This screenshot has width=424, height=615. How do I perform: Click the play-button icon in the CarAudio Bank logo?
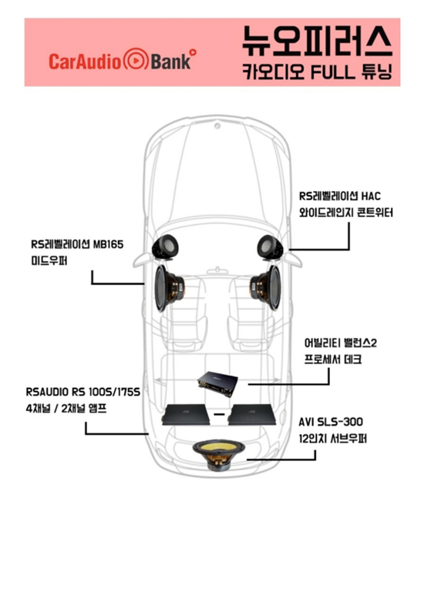(x=136, y=59)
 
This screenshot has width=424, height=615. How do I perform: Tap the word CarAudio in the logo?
(x=86, y=62)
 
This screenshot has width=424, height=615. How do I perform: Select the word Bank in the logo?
(x=171, y=62)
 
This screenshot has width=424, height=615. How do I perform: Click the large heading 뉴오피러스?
(x=317, y=42)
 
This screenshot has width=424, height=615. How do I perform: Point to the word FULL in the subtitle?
(x=333, y=72)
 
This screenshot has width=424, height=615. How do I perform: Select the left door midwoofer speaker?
(x=169, y=289)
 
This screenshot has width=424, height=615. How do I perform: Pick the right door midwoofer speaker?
(x=266, y=289)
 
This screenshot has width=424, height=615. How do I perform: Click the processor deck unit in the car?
(x=217, y=383)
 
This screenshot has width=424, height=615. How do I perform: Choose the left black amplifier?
(x=185, y=415)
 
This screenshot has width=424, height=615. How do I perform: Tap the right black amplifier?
(x=252, y=415)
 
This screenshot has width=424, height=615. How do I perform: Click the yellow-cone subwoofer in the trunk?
(x=218, y=455)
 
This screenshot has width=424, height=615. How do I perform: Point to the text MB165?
(x=108, y=244)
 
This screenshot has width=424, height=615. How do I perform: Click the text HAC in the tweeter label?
(x=371, y=196)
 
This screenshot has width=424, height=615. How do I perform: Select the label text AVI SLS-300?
(x=331, y=422)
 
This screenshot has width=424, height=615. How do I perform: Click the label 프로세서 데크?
(x=333, y=359)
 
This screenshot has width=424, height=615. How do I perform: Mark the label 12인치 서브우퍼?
(x=332, y=439)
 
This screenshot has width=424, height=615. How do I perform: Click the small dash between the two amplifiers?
(x=219, y=414)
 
